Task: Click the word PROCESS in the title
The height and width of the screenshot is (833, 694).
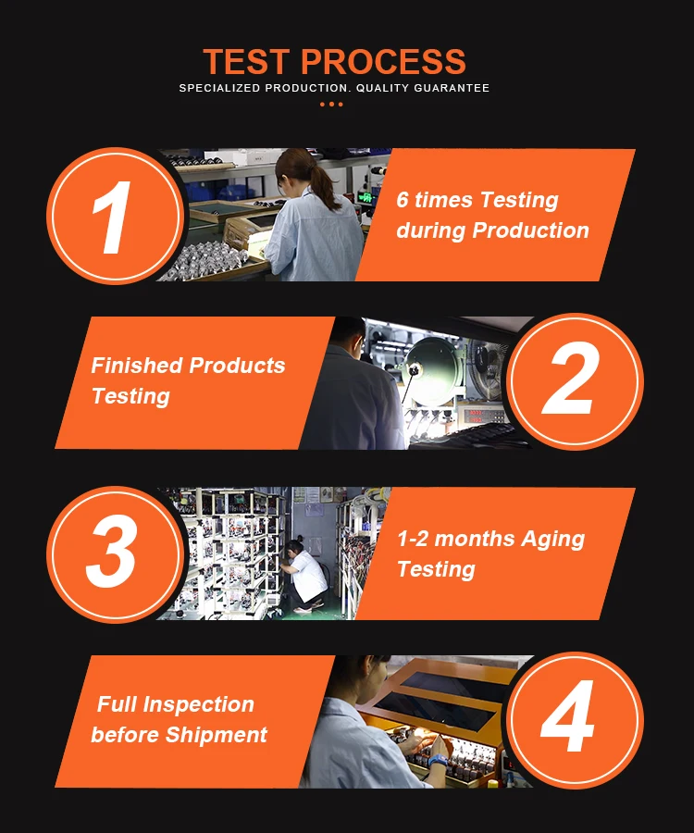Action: tap(383, 62)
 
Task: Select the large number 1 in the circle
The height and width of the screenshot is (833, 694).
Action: tap(113, 218)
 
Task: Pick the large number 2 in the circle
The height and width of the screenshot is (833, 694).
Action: tap(571, 378)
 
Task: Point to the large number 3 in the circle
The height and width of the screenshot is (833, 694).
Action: tap(112, 551)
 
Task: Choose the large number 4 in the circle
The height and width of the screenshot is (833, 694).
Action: tap(567, 715)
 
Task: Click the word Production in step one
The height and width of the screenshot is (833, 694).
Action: tap(530, 230)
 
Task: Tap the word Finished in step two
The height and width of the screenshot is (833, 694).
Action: tap(137, 365)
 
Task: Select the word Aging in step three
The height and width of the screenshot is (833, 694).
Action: tap(552, 540)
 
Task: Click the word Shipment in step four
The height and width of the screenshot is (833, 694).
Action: tap(217, 735)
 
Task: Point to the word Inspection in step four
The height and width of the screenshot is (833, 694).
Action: tap(199, 705)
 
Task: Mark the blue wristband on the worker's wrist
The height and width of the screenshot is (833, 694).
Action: tap(439, 760)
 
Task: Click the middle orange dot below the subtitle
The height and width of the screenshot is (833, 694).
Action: tap(331, 104)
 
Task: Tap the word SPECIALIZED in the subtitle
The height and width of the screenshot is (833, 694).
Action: tap(219, 88)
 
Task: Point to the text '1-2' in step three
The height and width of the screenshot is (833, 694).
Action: tap(413, 539)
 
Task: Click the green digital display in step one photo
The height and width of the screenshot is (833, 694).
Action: tap(366, 198)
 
